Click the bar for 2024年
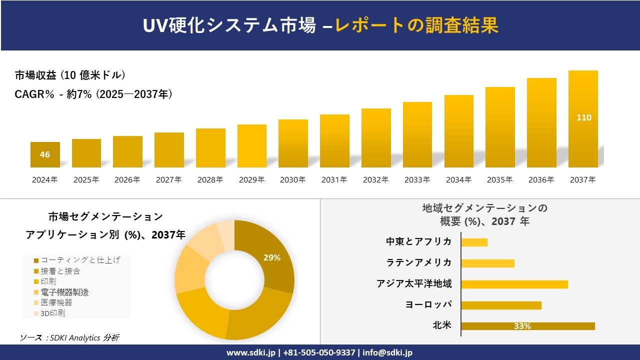45,154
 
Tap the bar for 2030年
293,143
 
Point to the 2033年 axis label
417,180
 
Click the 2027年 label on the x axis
168,180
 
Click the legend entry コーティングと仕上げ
80,260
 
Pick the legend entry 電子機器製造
64,292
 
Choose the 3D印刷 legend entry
52,313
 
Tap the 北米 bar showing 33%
527,326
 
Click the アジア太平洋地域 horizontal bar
514,284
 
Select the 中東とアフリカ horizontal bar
474,242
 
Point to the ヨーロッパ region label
429,304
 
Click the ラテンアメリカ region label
419,262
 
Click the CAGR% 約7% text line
93,94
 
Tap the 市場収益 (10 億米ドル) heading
70,75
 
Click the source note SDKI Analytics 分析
69,337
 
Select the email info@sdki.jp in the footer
388,352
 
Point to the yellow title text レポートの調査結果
416,25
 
